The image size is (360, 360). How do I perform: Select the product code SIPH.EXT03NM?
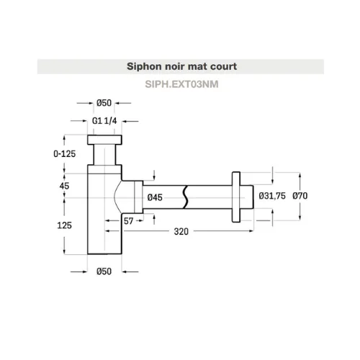pyautogui.click(x=181, y=84)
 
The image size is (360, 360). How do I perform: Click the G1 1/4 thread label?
pyautogui.click(x=104, y=121)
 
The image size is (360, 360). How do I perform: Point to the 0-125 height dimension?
pyautogui.click(x=65, y=153)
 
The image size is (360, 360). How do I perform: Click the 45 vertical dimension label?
pyautogui.click(x=64, y=186)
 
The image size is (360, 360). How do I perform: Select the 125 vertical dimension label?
pyautogui.click(x=64, y=225)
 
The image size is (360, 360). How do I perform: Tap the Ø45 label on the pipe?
pyautogui.click(x=155, y=197)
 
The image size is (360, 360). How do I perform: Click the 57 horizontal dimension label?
pyautogui.click(x=128, y=221)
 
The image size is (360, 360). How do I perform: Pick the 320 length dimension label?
pyautogui.click(x=181, y=232)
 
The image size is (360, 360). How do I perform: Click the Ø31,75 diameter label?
pyautogui.click(x=272, y=196)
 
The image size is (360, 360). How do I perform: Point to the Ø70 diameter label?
pyautogui.click(x=300, y=196)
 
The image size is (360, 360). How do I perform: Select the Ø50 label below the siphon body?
pyautogui.click(x=104, y=271)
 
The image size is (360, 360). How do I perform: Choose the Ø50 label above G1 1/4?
pyautogui.click(x=104, y=103)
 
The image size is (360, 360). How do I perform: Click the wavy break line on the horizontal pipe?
pyautogui.click(x=185, y=197)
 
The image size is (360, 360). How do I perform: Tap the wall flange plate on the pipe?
pyautogui.click(x=236, y=197)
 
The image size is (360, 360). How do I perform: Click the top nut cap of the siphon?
pyautogui.click(x=104, y=140)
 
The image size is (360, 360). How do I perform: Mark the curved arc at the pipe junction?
pyautogui.click(x=117, y=197)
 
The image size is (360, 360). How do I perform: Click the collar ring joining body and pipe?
pyautogui.click(x=138, y=197)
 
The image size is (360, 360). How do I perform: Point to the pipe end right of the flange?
pyautogui.click(x=247, y=197)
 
